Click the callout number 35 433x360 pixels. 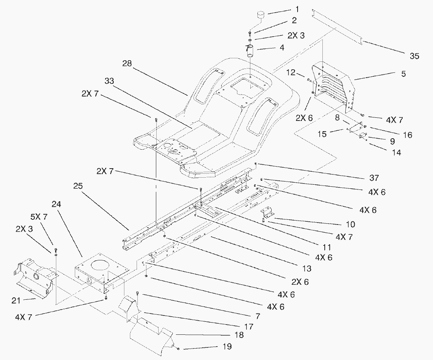(x=414, y=56)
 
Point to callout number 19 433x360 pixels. (x=226, y=347)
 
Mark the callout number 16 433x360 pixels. (x=407, y=135)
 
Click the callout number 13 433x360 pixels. (x=307, y=269)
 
